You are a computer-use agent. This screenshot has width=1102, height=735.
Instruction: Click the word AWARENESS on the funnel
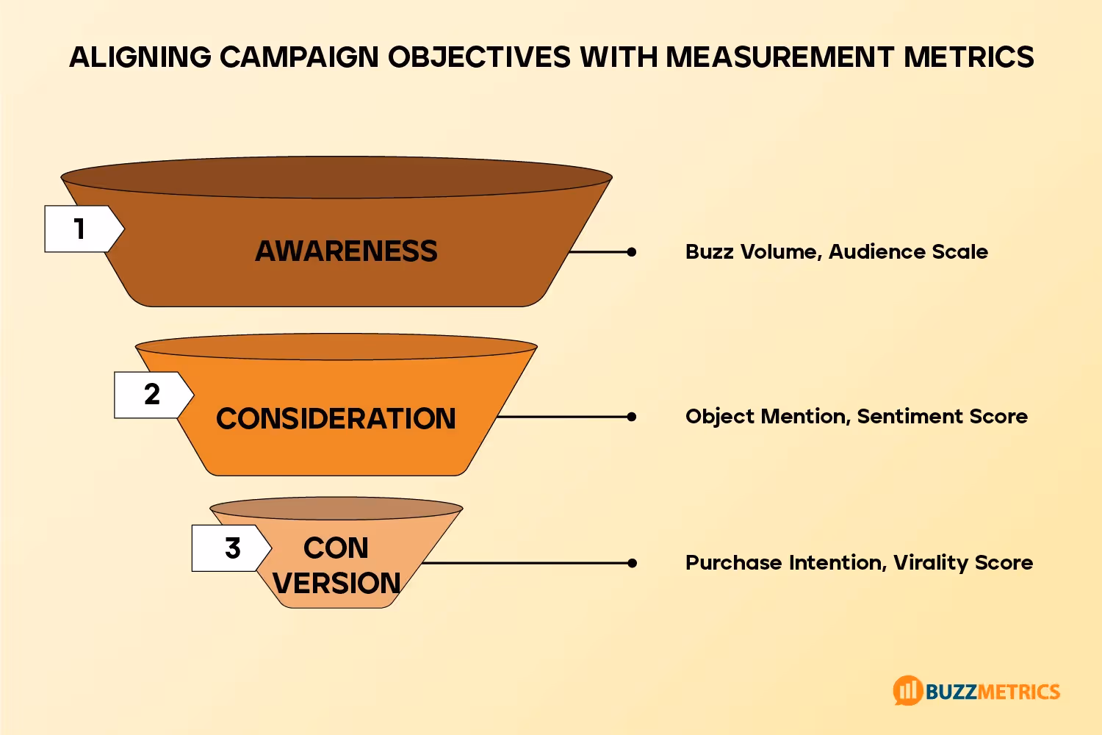tap(346, 251)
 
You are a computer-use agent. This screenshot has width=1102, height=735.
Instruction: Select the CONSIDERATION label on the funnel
tap(336, 418)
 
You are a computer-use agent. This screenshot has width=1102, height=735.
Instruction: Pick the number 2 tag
tap(151, 395)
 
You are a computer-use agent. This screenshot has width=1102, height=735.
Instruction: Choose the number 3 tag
tap(232, 548)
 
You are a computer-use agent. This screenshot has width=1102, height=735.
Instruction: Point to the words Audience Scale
tap(908, 252)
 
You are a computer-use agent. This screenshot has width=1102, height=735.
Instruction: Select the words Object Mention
tap(767, 417)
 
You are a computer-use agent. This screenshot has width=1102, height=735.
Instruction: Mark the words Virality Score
tap(963, 563)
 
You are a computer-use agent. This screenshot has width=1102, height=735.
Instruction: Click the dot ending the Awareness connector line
tap(632, 252)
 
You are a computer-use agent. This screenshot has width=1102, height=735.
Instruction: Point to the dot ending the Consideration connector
tap(632, 417)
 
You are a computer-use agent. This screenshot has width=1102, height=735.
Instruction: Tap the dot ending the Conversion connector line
tap(632, 563)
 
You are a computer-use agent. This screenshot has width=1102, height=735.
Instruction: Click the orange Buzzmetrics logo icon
tap(907, 690)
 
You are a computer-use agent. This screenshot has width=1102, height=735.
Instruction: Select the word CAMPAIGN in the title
tap(299, 57)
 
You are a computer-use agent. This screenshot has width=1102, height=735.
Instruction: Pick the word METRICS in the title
tap(969, 57)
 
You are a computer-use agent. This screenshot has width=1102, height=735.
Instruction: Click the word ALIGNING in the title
tap(140, 57)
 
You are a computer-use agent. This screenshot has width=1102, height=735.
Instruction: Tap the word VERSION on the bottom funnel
tap(336, 584)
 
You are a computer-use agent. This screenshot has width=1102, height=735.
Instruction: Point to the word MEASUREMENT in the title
tap(779, 57)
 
